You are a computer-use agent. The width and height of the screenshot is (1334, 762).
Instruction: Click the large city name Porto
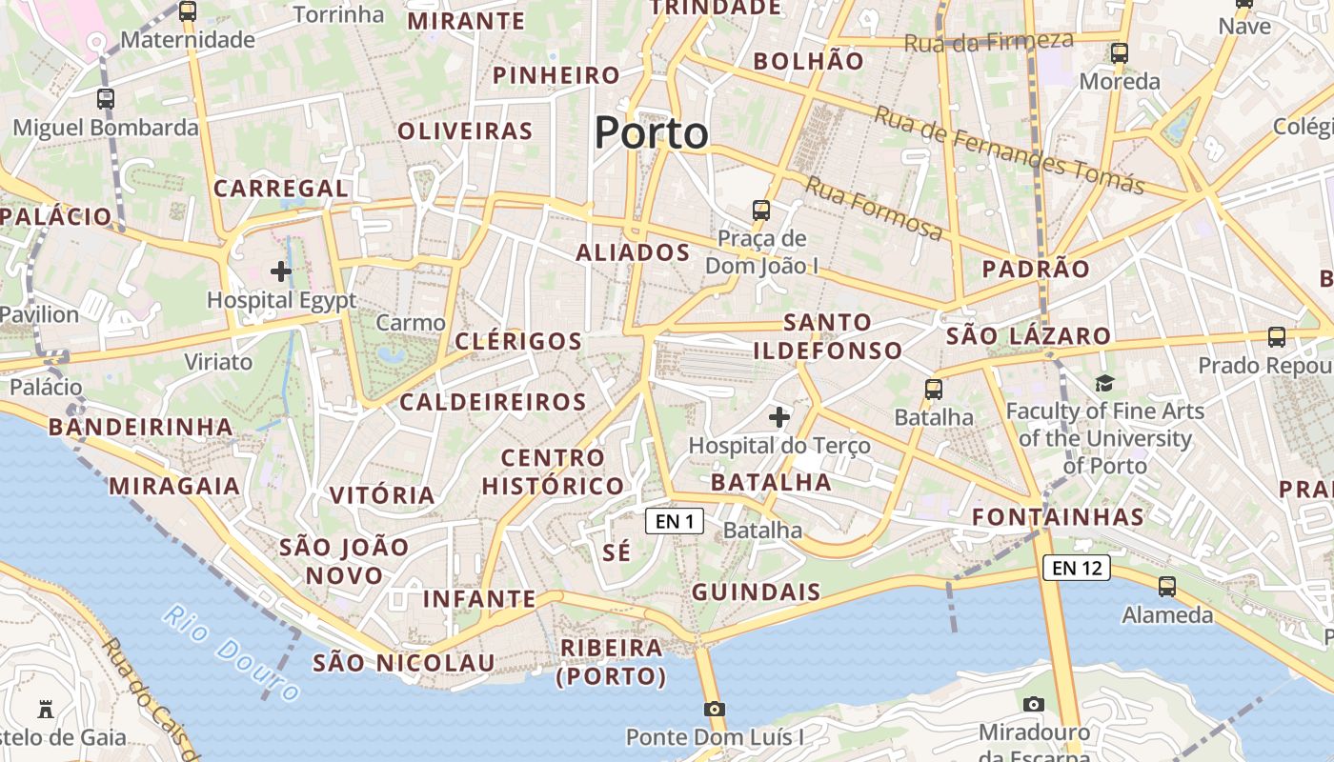(652, 133)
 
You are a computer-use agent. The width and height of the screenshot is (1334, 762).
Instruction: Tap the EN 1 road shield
(675, 521)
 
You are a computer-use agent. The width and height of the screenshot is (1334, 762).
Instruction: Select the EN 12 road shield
(1077, 569)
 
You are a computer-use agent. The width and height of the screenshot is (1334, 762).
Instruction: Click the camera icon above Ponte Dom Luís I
(714, 709)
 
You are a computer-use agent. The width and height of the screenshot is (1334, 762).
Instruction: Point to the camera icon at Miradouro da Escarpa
(1034, 705)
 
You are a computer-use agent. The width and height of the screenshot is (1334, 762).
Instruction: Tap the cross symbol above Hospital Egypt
(281, 272)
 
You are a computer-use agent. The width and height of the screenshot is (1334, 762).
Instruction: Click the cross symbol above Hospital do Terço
(779, 416)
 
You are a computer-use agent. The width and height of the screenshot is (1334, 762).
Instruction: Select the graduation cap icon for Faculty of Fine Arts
(1104, 383)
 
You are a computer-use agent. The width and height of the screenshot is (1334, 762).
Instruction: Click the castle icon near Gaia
(45, 709)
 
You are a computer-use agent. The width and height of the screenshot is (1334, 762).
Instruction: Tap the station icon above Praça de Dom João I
(760, 210)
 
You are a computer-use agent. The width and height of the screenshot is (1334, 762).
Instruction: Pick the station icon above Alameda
(1166, 587)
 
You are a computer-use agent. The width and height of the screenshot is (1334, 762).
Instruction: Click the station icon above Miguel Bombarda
(106, 99)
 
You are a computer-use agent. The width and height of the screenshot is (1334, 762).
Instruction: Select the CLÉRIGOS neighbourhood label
(518, 341)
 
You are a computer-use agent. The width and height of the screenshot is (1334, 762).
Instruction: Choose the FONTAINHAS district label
(1058, 517)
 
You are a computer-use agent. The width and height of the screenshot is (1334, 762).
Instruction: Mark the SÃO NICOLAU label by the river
(403, 663)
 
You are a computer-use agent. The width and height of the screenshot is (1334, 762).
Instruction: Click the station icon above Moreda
(1119, 53)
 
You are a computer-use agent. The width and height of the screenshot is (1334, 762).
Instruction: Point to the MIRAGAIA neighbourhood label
(174, 486)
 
